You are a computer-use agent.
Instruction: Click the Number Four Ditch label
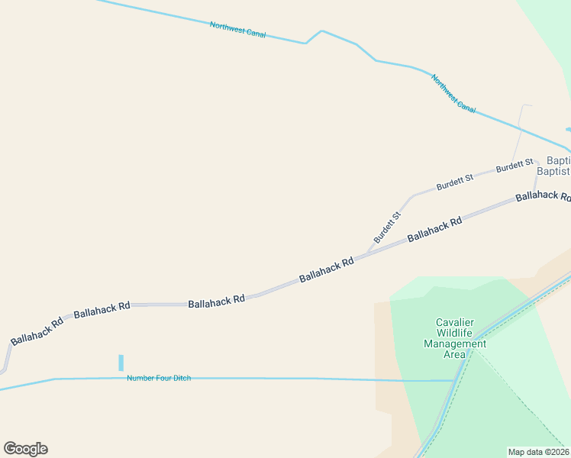click(159, 378)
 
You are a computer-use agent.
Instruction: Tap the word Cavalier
click(455, 322)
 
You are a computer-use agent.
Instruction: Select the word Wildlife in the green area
click(455, 333)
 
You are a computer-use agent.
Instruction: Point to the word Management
click(455, 343)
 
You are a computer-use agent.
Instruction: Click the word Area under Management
click(455, 354)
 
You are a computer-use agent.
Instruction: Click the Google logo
click(25, 449)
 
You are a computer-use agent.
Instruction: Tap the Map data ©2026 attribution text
click(538, 452)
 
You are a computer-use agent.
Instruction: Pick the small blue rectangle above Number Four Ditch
click(121, 363)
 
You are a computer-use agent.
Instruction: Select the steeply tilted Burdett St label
click(387, 227)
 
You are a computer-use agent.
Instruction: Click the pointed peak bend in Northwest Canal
click(321, 31)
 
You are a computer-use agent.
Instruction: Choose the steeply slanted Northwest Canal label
click(453, 94)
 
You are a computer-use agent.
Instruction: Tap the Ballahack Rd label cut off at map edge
click(543, 196)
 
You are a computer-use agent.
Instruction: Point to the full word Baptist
click(553, 172)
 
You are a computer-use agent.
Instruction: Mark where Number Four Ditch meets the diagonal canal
click(456, 379)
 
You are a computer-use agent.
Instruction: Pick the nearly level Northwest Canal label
click(237, 29)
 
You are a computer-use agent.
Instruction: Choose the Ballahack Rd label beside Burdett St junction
click(326, 269)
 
